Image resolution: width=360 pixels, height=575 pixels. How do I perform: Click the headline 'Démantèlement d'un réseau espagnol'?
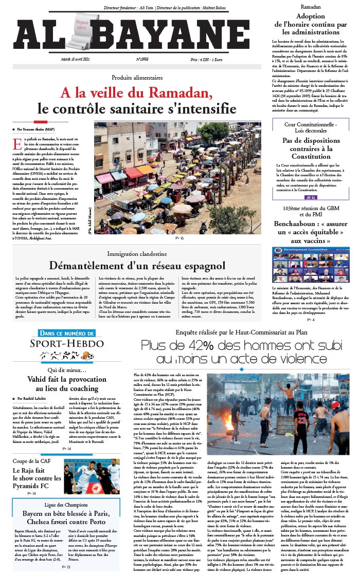coord(137,265)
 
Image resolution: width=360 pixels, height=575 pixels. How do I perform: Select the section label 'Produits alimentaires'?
coord(137,78)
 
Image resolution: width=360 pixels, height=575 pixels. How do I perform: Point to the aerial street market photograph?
coord(177,177)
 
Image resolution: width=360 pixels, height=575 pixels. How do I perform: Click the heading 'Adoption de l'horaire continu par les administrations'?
coord(311,24)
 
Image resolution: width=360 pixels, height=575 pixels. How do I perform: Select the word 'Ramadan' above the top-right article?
coord(311,7)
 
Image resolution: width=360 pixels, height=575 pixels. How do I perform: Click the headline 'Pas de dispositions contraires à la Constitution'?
coord(310,148)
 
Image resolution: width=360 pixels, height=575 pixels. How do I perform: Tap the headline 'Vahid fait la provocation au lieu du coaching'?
coord(66,382)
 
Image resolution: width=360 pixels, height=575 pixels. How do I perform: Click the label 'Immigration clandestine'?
coord(137,254)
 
